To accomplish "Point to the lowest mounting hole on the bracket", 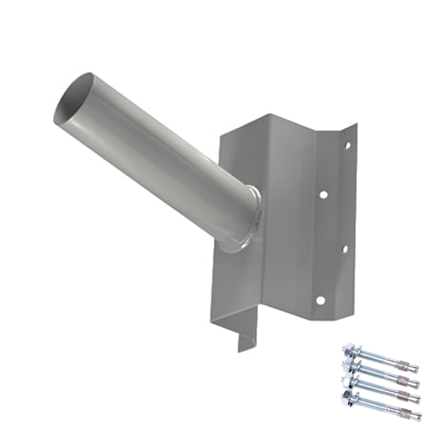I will [322, 299].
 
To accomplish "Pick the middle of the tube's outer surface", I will [154, 163].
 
